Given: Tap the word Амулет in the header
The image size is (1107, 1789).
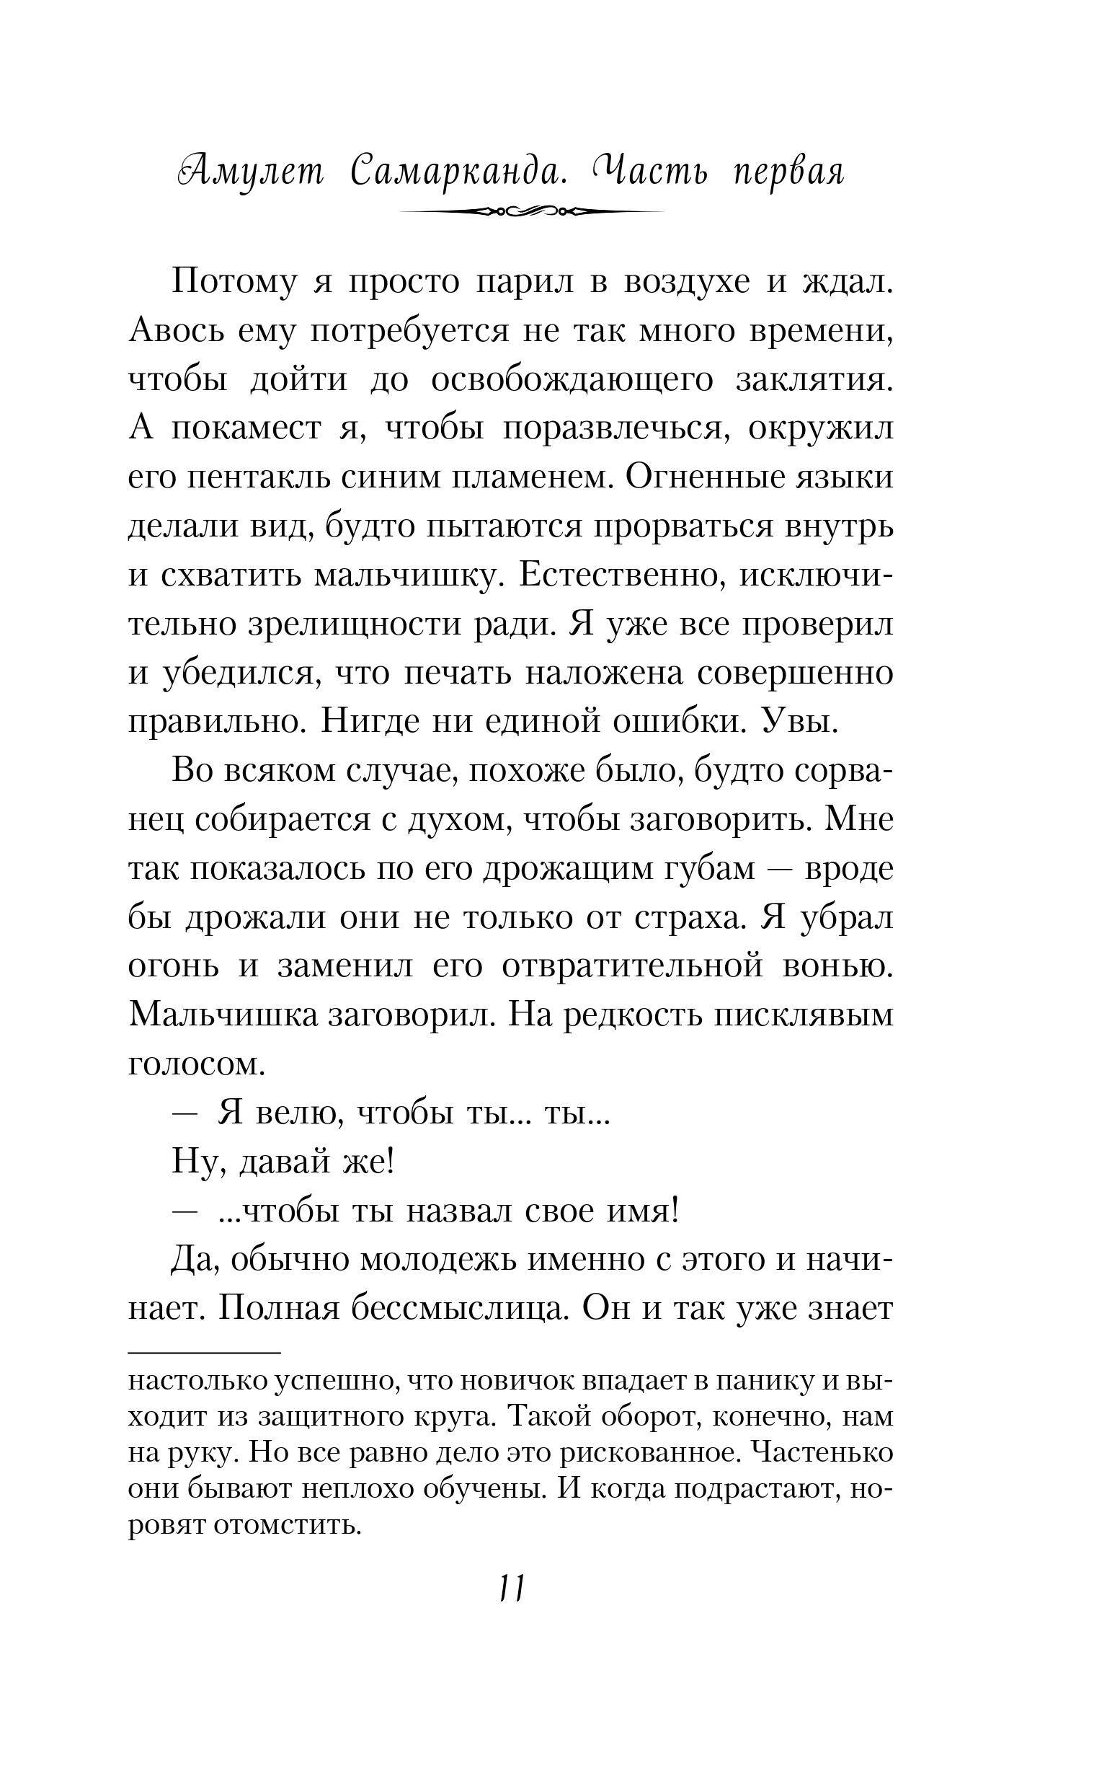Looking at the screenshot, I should pos(250,172).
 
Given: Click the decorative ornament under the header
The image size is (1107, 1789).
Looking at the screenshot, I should pos(533,211).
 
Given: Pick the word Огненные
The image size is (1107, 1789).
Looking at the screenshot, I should pos(706,477).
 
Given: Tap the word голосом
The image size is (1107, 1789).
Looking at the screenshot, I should pos(196,1064).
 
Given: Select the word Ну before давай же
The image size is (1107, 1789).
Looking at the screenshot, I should pos(195,1162).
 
